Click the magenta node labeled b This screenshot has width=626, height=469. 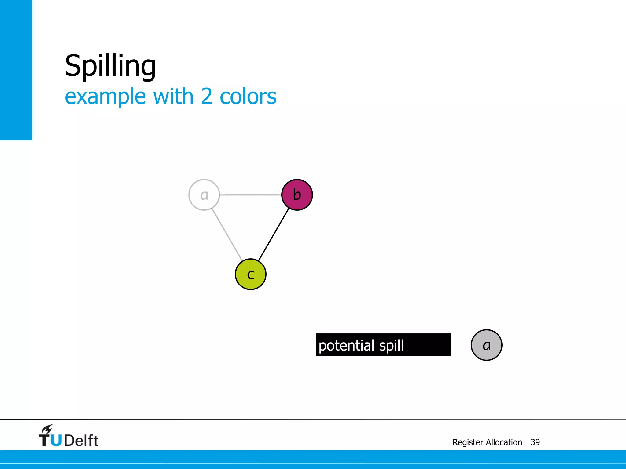pos(297,195)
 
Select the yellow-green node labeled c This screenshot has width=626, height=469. pos(251,274)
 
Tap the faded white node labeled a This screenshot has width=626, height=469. pos(204,195)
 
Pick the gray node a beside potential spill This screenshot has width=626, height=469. pos(486,345)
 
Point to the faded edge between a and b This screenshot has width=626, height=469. pos(250,195)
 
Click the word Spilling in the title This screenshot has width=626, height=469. pos(110,66)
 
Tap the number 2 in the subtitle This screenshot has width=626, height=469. pos(207,96)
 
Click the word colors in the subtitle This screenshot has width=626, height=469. pos(248,96)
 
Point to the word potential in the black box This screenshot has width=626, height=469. pos(346,346)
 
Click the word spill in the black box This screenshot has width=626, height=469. pos(391,346)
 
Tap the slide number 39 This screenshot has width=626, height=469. pos(535,442)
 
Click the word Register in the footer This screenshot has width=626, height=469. pos(468,442)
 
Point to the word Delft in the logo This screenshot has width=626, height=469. pos(81,441)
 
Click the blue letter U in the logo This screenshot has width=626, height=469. pos(56,441)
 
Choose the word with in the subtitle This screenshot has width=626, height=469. pos(173,96)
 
